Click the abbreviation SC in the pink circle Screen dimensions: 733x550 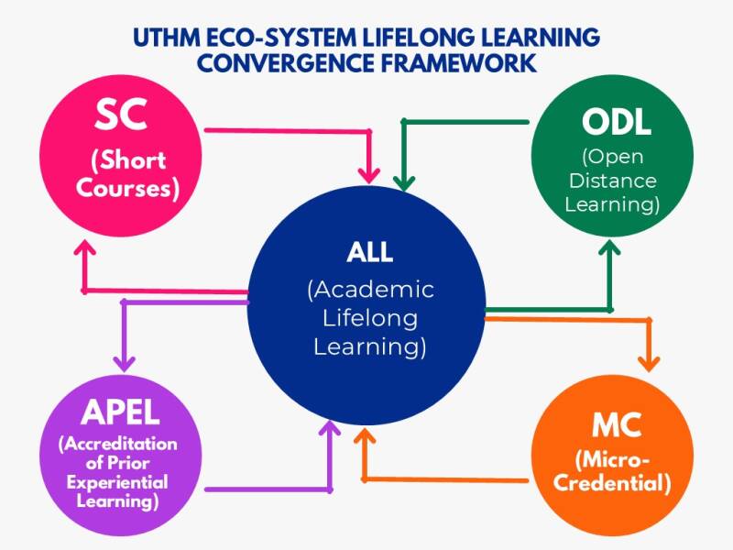[121, 114]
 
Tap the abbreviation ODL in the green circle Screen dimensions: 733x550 [616, 123]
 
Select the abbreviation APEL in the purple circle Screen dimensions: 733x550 [120, 412]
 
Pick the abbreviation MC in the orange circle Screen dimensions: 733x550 [616, 425]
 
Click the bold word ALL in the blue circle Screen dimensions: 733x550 [370, 252]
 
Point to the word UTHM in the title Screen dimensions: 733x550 [167, 38]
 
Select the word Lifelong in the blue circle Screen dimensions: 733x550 [370, 319]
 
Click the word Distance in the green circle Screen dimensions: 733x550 [612, 181]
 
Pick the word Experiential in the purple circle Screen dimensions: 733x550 [117, 482]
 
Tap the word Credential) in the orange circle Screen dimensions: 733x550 [612, 483]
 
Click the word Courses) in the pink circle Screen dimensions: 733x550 [127, 189]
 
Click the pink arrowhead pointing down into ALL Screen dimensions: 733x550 [369, 175]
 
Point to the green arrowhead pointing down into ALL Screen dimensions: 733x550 [404, 182]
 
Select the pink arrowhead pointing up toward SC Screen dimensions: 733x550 [84, 247]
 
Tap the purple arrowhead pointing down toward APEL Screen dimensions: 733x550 [124, 364]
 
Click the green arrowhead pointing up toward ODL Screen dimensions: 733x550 [609, 247]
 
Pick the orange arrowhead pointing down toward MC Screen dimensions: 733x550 [649, 364]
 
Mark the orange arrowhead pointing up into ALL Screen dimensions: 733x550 [365, 437]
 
